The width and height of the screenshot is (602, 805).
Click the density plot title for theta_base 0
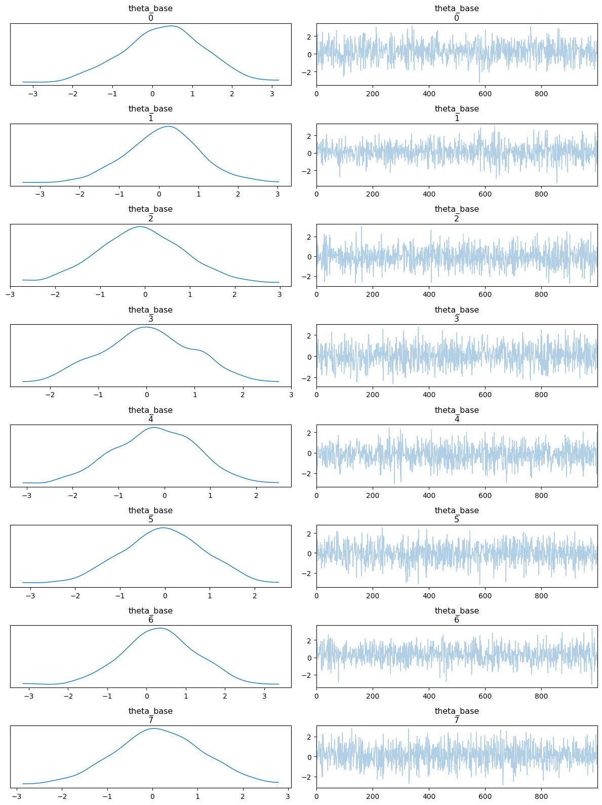(x=150, y=13)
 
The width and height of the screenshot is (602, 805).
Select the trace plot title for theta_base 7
(x=457, y=715)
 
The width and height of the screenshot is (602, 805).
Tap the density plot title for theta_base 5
(x=150, y=515)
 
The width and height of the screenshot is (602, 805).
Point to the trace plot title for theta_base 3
(x=457, y=314)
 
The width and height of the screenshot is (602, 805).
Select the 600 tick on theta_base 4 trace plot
(x=485, y=495)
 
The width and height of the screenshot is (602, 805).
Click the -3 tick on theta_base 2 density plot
(x=11, y=294)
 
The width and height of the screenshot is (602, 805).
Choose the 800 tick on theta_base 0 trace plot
(x=541, y=94)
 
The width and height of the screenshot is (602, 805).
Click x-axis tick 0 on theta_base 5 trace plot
(x=316, y=596)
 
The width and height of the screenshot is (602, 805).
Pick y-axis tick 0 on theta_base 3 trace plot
(x=309, y=357)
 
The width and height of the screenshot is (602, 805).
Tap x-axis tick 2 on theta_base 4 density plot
(x=256, y=495)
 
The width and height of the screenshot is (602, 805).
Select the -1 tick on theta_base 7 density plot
(x=107, y=796)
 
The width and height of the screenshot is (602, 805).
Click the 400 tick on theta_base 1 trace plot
(x=429, y=194)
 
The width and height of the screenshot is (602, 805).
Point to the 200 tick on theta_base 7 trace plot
(x=373, y=796)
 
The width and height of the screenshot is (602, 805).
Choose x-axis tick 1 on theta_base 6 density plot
(x=186, y=696)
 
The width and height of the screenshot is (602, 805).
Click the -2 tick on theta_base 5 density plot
(x=75, y=596)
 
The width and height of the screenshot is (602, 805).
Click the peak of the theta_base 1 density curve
(x=168, y=126)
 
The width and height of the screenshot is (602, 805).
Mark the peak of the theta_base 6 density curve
(x=160, y=628)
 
